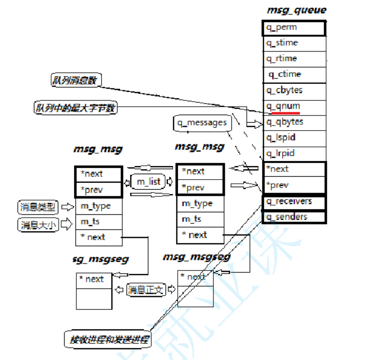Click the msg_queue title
(x=296, y=10)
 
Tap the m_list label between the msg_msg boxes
(x=149, y=182)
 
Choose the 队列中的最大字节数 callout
(x=75, y=108)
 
